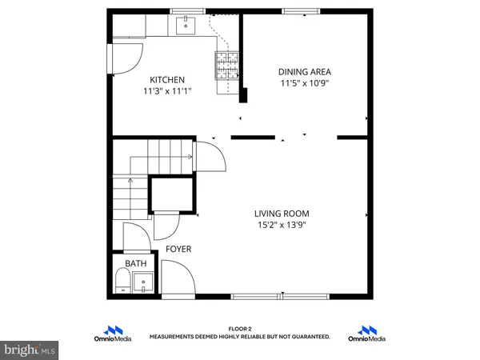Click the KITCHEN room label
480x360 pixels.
(168, 80)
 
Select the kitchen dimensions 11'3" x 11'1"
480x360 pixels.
(168, 91)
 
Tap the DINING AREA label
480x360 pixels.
(304, 71)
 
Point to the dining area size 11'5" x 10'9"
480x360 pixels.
(304, 82)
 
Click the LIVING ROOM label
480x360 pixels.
(282, 214)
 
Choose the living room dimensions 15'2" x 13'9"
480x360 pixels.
(282, 225)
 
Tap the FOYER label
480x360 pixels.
(178, 250)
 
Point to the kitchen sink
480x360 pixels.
(186, 26)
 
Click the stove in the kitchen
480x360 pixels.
(226, 63)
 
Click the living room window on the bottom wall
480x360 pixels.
(269, 297)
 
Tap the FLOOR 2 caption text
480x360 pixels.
(240, 329)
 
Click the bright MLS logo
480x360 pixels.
(30, 350)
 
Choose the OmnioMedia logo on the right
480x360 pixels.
(368, 334)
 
